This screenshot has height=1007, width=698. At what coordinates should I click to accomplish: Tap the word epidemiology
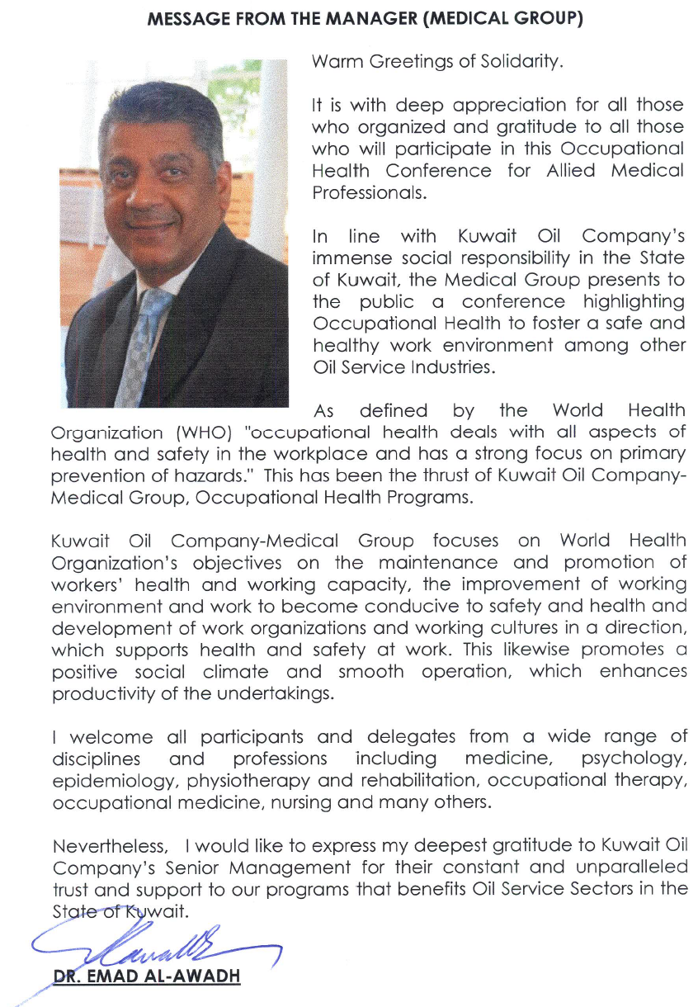pos(116,780)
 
